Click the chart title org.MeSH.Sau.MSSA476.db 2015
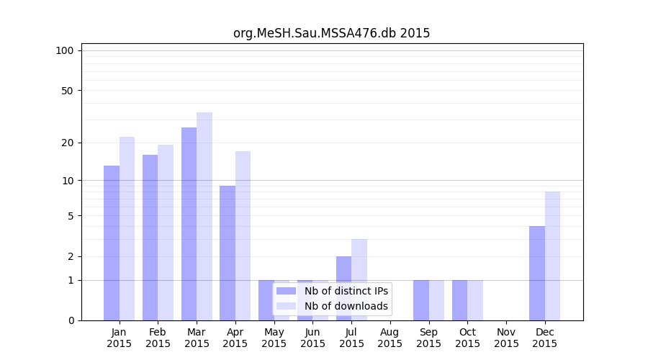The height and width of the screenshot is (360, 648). click(331, 33)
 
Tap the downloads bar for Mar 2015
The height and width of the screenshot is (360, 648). click(204, 216)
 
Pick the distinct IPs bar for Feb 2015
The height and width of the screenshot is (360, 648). click(150, 238)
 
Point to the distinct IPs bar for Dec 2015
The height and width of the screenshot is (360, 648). click(537, 273)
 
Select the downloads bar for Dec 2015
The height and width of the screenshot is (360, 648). click(552, 256)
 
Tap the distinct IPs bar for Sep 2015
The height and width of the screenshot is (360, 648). click(421, 300)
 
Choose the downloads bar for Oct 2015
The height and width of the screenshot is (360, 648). click(475, 300)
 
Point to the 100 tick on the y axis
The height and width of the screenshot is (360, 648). click(65, 50)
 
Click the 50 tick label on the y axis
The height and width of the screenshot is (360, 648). click(68, 91)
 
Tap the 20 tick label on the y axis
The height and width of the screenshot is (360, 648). click(68, 143)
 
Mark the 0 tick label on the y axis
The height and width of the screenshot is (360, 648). click(71, 320)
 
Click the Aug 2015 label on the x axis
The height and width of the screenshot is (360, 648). click(390, 338)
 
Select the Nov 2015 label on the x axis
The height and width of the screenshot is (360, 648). click(506, 338)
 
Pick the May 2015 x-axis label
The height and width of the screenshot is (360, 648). click(274, 338)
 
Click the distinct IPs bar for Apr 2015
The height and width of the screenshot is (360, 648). click(228, 253)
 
